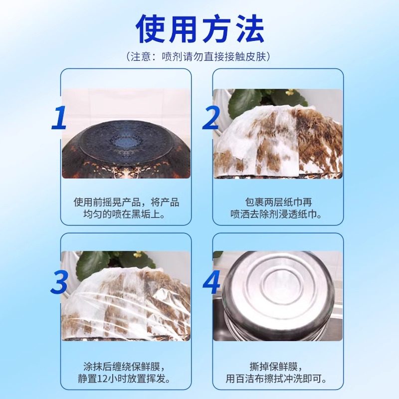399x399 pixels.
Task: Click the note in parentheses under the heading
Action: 199,56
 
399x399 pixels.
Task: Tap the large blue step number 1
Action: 60,118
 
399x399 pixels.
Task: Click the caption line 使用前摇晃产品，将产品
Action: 126,202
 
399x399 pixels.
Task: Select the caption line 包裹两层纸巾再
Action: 278,202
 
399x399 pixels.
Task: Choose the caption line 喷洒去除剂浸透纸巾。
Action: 278,214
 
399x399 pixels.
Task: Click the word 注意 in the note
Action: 145,56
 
